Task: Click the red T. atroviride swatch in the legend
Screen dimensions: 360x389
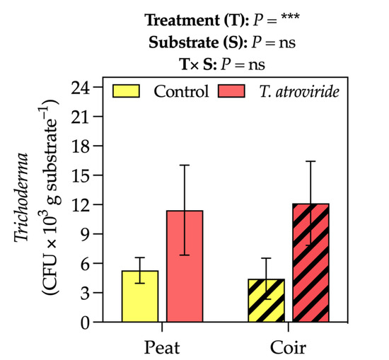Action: [233, 91]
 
